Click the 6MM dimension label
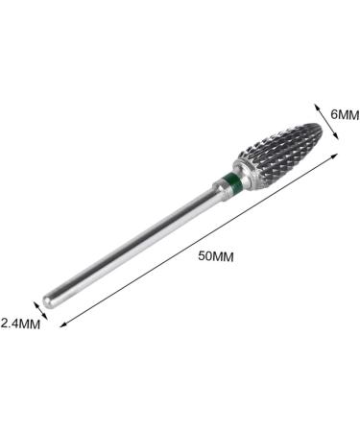(x=343, y=114)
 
